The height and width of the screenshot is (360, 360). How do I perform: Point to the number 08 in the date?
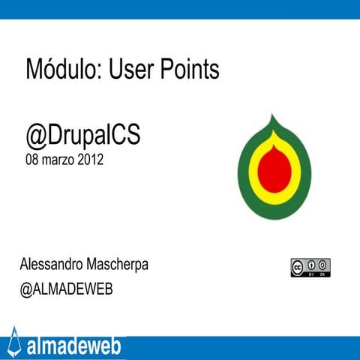33,160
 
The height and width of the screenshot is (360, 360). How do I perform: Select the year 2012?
90,160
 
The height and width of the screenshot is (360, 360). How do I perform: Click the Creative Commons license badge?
310,267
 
